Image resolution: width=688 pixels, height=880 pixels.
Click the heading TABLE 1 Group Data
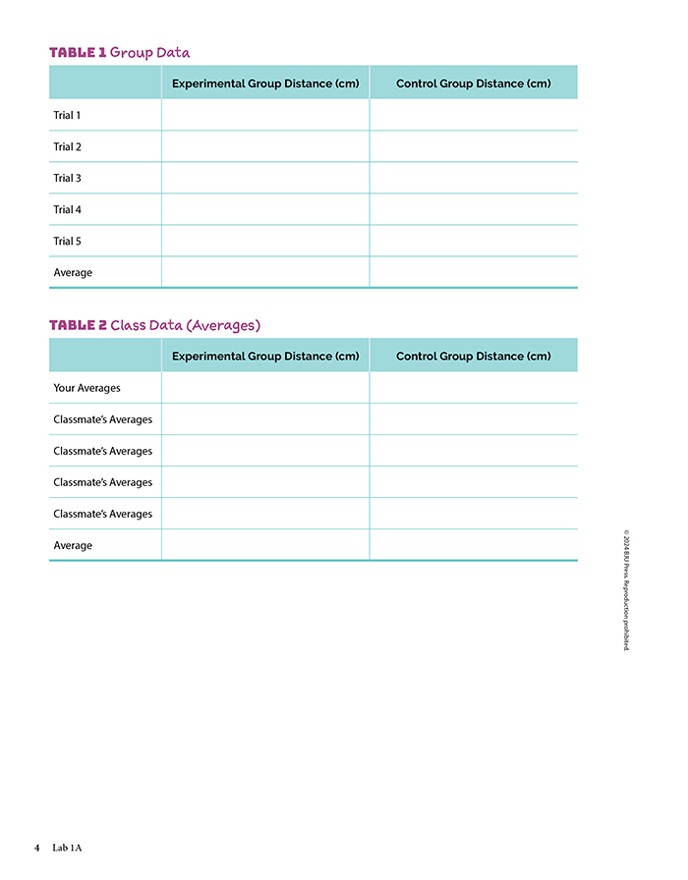tap(119, 53)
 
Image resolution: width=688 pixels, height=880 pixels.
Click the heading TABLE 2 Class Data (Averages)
tap(154, 325)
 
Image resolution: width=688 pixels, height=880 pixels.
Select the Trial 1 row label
tap(67, 116)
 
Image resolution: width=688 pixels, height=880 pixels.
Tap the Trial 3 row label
tap(67, 179)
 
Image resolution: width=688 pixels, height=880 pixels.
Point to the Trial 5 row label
tap(67, 242)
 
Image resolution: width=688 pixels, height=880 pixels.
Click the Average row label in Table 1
tap(73, 273)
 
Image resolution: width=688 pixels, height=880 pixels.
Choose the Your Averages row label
tap(86, 389)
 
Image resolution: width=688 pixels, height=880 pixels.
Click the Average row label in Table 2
tap(73, 546)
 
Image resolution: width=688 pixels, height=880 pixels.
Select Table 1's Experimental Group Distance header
tap(265, 83)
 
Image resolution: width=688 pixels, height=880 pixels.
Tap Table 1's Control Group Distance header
tap(473, 83)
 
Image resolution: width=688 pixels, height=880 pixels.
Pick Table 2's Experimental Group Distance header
tap(265, 357)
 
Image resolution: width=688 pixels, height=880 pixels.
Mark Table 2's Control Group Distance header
tap(473, 357)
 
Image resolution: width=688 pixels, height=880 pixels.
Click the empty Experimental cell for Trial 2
tap(265, 147)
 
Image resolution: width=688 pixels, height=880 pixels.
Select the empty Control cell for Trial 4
tap(473, 210)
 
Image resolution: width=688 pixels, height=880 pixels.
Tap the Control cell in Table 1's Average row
tap(473, 273)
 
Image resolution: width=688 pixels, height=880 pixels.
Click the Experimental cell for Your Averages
tap(265, 389)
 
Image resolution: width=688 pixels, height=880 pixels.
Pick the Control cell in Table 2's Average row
tap(473, 546)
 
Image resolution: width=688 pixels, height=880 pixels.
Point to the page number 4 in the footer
tap(36, 848)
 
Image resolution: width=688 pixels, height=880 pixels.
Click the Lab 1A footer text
tap(68, 848)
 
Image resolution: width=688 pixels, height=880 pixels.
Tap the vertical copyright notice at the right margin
tap(626, 590)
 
